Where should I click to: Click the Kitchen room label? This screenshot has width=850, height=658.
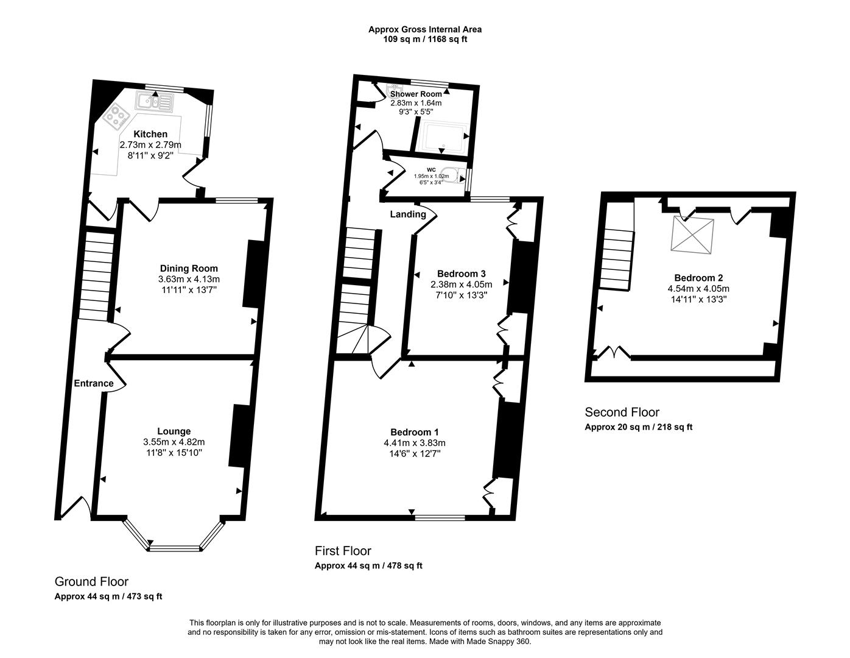point(150,134)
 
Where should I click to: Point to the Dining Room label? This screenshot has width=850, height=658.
point(189,268)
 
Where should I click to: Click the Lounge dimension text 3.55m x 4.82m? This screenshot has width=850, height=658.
point(174,442)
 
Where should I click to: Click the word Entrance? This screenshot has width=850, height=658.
point(94,383)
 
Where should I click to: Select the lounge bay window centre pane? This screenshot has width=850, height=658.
point(174,548)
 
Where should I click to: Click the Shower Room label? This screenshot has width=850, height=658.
point(416,94)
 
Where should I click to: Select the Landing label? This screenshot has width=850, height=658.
point(408,214)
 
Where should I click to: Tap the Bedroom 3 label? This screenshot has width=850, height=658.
point(461,274)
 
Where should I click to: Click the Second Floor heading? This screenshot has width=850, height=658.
point(622,412)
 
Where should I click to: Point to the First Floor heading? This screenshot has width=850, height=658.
point(343,551)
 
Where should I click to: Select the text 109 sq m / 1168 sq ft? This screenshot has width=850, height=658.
point(424,40)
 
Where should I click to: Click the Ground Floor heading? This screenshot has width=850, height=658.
point(91,582)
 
